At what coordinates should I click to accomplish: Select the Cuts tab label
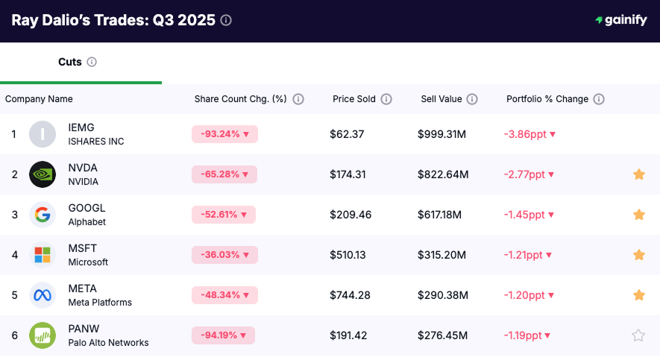click(70, 62)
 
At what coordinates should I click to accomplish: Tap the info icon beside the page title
click(226, 20)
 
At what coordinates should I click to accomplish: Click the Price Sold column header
click(354, 99)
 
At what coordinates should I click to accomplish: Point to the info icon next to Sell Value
click(472, 99)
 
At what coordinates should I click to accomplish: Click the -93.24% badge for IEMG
click(224, 134)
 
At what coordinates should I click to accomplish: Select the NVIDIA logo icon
click(43, 174)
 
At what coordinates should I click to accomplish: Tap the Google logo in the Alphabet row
click(43, 215)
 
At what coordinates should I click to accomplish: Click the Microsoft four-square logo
click(43, 255)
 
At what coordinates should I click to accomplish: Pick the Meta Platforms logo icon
click(43, 295)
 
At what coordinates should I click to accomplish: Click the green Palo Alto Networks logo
click(43, 335)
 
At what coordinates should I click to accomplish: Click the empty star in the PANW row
click(638, 335)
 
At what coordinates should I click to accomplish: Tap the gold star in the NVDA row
click(638, 174)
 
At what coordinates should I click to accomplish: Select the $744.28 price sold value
click(351, 295)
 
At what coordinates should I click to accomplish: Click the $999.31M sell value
click(442, 134)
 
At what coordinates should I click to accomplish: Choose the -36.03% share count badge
click(224, 255)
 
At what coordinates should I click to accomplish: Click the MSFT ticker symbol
click(83, 248)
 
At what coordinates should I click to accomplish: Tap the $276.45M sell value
click(442, 335)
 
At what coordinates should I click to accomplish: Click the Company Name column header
click(39, 99)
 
